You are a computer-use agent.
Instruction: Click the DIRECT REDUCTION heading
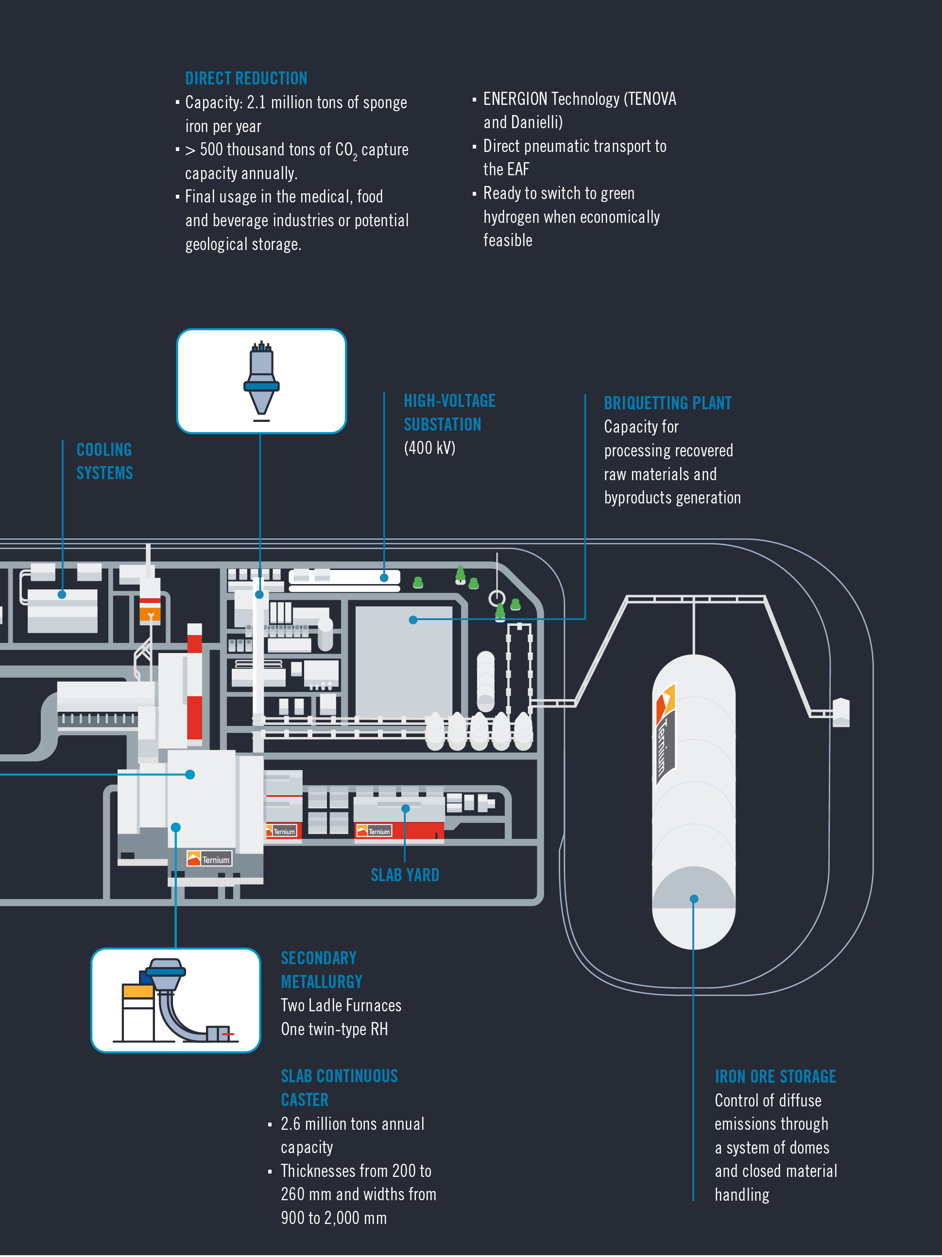[246, 79]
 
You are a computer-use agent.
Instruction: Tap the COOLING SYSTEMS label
[104, 461]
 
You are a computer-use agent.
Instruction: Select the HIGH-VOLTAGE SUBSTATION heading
[449, 413]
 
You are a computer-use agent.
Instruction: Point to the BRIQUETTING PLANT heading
[668, 403]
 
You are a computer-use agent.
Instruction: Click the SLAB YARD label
[405, 875]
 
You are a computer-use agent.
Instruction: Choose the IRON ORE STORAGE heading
[775, 1077]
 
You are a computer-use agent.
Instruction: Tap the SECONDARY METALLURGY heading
[321, 970]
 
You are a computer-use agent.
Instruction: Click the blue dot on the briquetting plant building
[413, 620]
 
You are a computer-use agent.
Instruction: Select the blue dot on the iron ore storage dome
[694, 899]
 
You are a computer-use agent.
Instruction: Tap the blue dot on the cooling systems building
[62, 594]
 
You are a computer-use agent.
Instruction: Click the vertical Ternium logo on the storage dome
[665, 734]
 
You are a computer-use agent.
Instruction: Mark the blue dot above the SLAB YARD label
[405, 808]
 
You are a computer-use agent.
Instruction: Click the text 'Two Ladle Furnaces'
[341, 1006]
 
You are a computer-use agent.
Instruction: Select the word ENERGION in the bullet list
[515, 100]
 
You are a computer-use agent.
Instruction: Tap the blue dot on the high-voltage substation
[384, 578]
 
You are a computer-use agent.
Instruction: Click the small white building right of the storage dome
[841, 712]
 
